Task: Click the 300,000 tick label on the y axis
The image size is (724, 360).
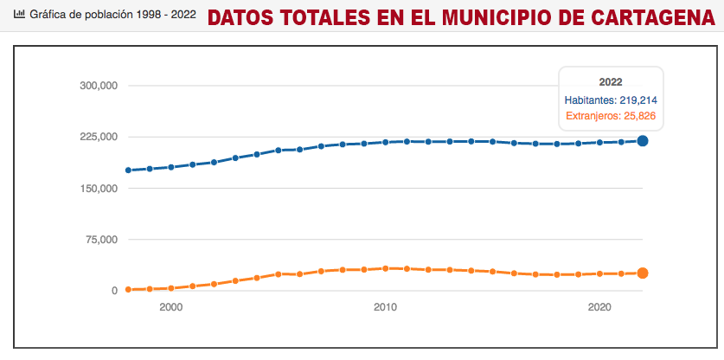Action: [x=98, y=86]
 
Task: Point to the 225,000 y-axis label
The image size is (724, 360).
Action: [x=98, y=137]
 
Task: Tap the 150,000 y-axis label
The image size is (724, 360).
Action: [x=98, y=188]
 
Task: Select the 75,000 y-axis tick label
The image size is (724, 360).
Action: [x=100, y=240]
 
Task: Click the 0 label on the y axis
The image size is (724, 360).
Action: [x=113, y=291]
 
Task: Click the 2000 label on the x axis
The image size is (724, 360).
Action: [x=170, y=307]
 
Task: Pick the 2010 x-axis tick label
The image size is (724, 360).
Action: [x=385, y=307]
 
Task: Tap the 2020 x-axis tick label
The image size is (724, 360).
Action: [x=599, y=307]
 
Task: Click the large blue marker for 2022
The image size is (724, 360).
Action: [x=643, y=140]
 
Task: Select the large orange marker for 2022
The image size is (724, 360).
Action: [x=643, y=273]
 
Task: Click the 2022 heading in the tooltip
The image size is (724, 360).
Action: [x=611, y=82]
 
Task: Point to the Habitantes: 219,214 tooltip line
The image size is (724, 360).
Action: [x=612, y=100]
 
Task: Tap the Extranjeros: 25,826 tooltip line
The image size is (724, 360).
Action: [x=612, y=116]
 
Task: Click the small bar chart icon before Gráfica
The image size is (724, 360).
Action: [x=19, y=16]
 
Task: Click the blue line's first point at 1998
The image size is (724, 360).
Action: [x=128, y=170]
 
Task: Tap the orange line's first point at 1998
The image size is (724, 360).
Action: [x=128, y=289]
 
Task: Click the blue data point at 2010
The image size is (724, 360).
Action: [x=385, y=142]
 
